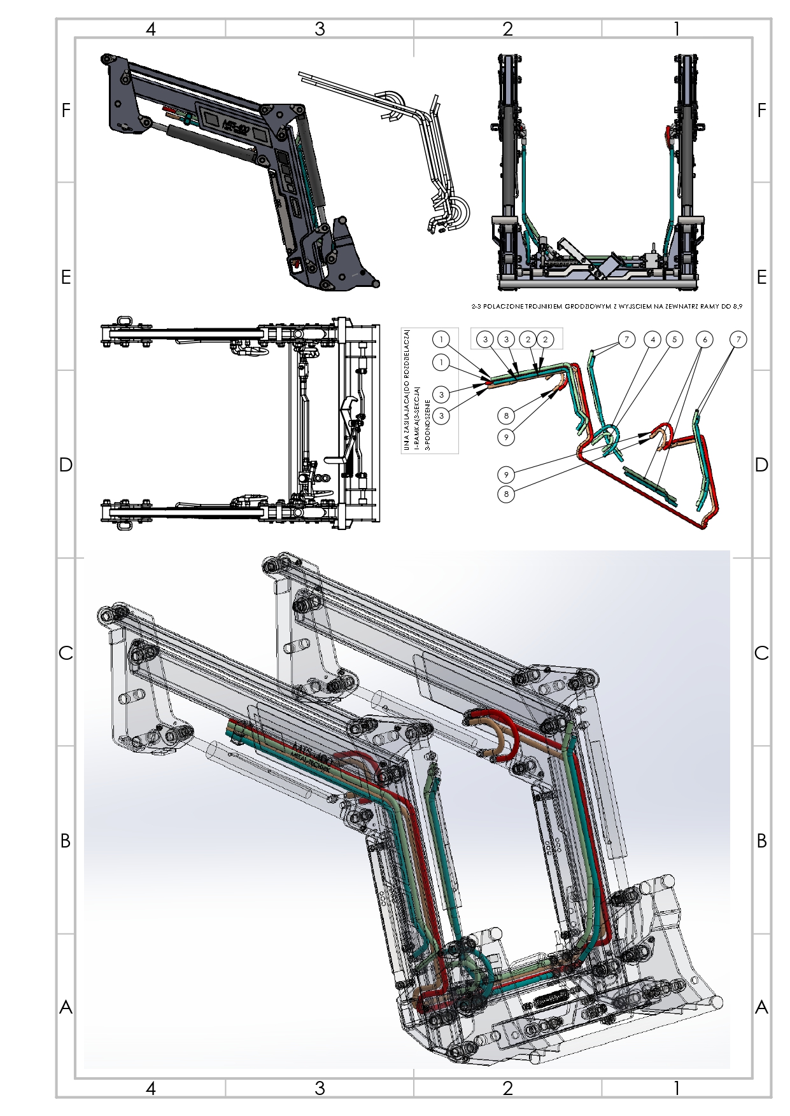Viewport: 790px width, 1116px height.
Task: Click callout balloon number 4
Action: [652, 340]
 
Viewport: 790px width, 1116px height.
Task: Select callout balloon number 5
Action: [674, 340]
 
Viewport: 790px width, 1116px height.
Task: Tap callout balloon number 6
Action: [705, 340]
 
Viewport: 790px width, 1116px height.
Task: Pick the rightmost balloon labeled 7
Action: [738, 340]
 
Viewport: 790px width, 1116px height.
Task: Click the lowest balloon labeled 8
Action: [506, 494]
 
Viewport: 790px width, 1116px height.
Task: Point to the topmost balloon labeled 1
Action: [441, 340]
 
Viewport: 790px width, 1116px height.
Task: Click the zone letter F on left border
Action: [66, 111]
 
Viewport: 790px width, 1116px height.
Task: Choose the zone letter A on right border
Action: [761, 1007]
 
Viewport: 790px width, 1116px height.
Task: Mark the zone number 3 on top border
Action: [320, 29]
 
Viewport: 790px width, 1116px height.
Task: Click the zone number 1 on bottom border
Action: [677, 1089]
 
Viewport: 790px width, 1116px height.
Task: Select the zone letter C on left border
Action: [66, 653]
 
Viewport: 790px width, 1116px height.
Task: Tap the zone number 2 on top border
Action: [507, 29]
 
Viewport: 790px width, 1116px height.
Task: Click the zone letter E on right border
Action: [761, 277]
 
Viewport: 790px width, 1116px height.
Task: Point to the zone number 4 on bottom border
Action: [151, 1089]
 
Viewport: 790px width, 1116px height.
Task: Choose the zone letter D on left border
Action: [66, 465]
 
